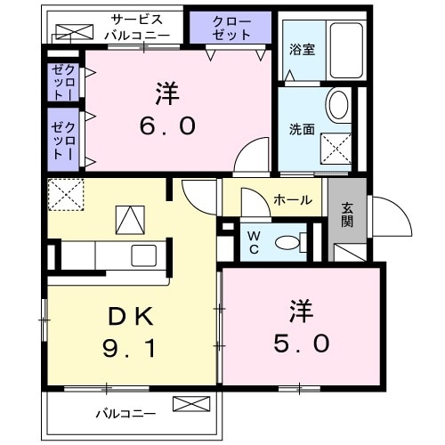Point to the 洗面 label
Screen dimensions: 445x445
coord(300,128)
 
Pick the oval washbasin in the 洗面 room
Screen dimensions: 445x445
coord(338,106)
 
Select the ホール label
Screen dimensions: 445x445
coord(292,200)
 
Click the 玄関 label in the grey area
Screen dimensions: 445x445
coord(346,214)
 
